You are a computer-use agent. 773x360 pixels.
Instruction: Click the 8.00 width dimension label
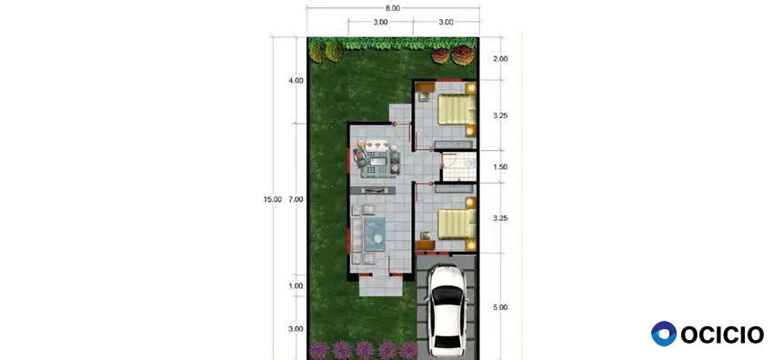click(393, 8)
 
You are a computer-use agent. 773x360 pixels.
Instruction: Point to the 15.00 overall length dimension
click(273, 199)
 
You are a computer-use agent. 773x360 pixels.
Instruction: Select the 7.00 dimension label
click(296, 199)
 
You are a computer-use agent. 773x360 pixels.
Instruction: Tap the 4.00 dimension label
click(296, 80)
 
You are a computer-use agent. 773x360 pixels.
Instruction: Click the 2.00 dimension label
click(500, 58)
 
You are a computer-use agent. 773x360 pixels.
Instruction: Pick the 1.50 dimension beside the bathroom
click(500, 167)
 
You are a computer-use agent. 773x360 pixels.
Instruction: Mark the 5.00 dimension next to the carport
click(500, 307)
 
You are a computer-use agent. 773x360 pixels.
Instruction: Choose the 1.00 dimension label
click(296, 286)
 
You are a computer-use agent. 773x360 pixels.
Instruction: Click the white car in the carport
click(447, 311)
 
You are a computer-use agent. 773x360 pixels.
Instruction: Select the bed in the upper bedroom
click(457, 109)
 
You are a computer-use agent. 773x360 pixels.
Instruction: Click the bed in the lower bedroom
click(457, 224)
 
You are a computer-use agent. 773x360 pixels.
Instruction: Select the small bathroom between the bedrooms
click(458, 166)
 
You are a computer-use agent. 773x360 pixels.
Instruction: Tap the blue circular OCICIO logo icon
click(664, 334)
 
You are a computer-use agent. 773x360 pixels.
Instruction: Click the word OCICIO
click(722, 335)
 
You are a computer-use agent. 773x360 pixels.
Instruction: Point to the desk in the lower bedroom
click(425, 245)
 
